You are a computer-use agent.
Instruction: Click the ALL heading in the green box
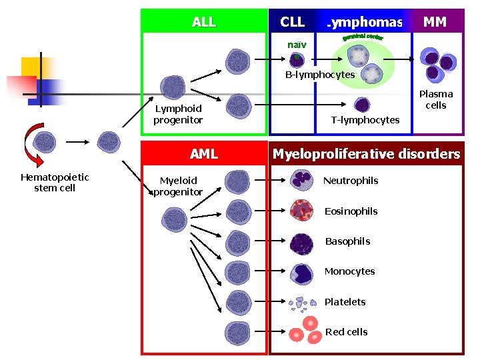click(203, 22)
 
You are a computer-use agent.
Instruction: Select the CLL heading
click(292, 22)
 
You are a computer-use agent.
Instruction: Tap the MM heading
click(435, 22)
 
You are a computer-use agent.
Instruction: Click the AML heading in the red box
click(203, 154)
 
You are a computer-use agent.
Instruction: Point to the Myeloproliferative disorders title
click(366, 154)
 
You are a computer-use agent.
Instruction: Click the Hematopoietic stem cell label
click(55, 182)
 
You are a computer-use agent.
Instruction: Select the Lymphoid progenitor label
click(178, 114)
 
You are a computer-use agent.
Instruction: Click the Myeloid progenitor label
click(178, 186)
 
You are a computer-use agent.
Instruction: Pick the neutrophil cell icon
click(302, 180)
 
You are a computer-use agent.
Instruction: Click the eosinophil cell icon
click(302, 211)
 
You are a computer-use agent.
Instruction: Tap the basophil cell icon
click(302, 242)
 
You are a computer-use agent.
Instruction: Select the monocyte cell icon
click(302, 272)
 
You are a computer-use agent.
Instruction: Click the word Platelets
click(345, 302)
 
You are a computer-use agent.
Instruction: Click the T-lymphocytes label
click(365, 120)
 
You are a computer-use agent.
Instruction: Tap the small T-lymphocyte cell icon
click(362, 105)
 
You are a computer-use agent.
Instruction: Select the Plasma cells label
click(436, 99)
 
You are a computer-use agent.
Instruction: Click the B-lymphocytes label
click(320, 75)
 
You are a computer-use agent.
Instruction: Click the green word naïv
click(297, 44)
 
